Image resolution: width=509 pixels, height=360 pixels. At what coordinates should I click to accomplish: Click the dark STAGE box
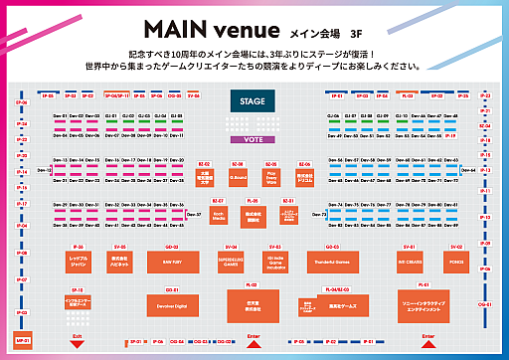[253, 100]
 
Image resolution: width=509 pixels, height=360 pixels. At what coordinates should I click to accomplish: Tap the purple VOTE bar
[253, 140]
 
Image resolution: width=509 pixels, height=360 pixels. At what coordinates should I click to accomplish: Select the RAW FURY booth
[172, 263]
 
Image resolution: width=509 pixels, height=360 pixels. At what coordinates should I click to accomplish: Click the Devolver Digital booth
[172, 307]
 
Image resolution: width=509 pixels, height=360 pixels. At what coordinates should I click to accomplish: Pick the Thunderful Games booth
[343, 263]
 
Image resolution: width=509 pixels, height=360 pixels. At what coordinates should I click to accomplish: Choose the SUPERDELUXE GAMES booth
[231, 263]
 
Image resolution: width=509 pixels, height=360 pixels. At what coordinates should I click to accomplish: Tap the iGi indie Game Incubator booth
[274, 263]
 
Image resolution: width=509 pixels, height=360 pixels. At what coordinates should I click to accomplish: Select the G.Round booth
[238, 179]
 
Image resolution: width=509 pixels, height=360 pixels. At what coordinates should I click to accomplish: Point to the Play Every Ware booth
[270, 179]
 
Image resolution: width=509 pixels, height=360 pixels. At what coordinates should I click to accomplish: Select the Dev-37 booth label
[192, 213]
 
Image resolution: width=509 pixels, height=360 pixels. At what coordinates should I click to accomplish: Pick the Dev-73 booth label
[319, 214]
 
